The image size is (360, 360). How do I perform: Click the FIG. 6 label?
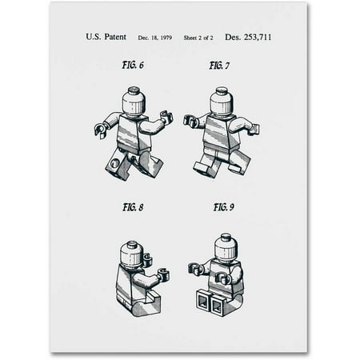point(133,65)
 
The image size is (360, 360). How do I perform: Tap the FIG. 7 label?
point(219,66)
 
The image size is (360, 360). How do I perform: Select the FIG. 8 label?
point(133,207)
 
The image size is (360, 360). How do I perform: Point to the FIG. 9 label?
point(224,207)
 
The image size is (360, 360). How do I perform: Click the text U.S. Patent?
point(106,37)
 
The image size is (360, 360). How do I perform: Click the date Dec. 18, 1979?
point(155,38)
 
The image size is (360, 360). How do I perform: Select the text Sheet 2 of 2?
point(198,38)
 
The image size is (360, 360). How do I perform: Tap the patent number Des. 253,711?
point(248,37)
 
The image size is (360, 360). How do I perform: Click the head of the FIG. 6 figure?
point(134,102)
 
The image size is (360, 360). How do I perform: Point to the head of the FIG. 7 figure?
point(222,102)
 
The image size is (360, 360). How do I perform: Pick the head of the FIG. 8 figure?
point(132,254)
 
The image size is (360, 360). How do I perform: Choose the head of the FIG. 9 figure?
point(226,246)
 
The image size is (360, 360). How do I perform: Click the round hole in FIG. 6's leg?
point(116,163)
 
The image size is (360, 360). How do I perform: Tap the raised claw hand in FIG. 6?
point(166,118)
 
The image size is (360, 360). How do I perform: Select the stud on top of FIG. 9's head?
point(226,237)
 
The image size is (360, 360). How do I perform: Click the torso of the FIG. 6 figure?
point(133,134)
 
